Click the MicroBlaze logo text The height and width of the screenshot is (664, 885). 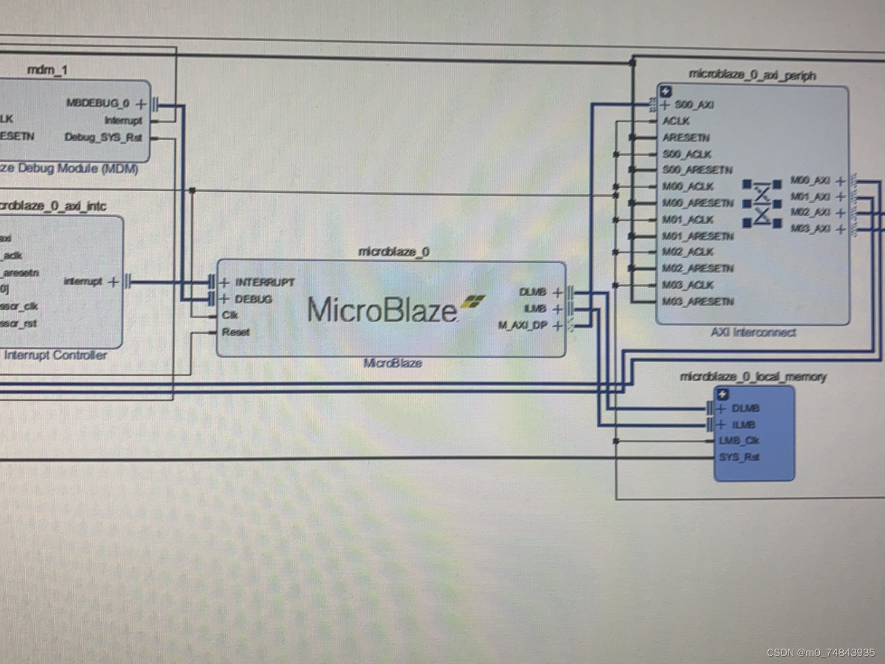click(382, 309)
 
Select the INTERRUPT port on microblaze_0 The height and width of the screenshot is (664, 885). click(264, 283)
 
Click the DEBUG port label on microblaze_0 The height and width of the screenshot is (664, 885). click(253, 299)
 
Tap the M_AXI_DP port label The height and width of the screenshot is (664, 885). click(522, 325)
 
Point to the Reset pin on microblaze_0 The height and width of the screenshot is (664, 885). click(235, 332)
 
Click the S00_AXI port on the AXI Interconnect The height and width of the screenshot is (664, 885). click(694, 105)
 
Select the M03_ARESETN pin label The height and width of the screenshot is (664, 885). click(698, 302)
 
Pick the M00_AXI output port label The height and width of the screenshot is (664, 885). click(810, 180)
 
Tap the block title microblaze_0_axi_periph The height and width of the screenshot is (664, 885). click(752, 75)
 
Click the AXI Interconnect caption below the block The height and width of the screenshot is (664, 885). click(753, 333)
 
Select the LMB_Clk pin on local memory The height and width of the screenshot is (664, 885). click(739, 441)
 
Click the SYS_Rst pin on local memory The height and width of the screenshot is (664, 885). click(739, 457)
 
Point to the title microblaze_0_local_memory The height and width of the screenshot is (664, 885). click(753, 376)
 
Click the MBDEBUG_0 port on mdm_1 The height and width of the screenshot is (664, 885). click(98, 103)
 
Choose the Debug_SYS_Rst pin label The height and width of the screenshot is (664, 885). click(103, 137)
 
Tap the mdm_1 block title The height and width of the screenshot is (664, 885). click(47, 70)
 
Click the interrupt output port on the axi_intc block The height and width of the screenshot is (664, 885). click(83, 282)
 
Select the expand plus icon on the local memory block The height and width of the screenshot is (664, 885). click(723, 394)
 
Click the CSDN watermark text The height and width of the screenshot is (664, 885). click(820, 652)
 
